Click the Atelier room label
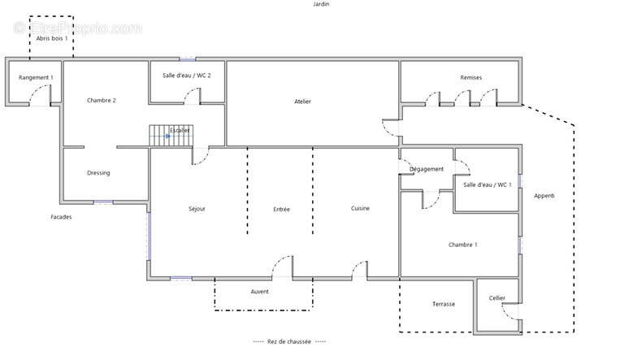pos(302,102)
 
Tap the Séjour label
pos(197,209)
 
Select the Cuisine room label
pos(360,208)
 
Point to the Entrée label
pos(281,210)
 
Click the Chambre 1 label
pos(462,245)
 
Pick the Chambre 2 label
pos(102,101)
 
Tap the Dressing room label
pos(98,173)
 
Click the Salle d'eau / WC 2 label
pos(187,75)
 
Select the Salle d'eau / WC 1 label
pos(488,184)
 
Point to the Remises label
pos(471,77)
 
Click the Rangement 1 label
pos(36,77)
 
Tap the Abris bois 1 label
pos(52,38)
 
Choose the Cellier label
pos(497,298)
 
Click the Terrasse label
pos(444,304)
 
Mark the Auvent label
pos(260,292)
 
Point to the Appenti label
pos(544,196)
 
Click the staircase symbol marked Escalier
pos(171,136)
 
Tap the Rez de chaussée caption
pos(289,341)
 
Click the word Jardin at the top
pos(321,4)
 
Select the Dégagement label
pos(427,169)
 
